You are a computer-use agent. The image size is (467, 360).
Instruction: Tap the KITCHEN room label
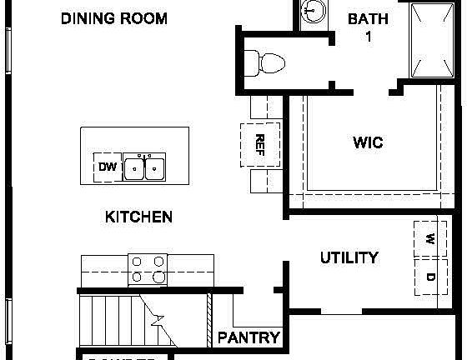coord(138,217)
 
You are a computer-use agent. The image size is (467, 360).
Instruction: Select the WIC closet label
coord(368,142)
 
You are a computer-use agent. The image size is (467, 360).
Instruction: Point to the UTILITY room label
coord(349,257)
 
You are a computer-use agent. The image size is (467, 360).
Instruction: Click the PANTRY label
coord(249,338)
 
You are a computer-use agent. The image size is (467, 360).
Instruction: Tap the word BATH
coord(368,18)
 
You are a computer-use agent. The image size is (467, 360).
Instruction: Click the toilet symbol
coord(266,61)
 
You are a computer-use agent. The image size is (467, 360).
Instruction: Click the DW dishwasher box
coord(108,167)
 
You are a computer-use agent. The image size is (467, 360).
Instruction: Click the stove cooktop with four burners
coord(148,271)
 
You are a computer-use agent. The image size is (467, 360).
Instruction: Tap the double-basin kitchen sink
coord(144,168)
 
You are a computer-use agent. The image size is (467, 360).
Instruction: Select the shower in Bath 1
coord(434,39)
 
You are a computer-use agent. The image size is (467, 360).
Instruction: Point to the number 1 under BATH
coord(368,36)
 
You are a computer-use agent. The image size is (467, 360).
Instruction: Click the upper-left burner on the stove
coord(138,262)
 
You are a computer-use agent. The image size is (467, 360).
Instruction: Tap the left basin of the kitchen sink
coord(134,169)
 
